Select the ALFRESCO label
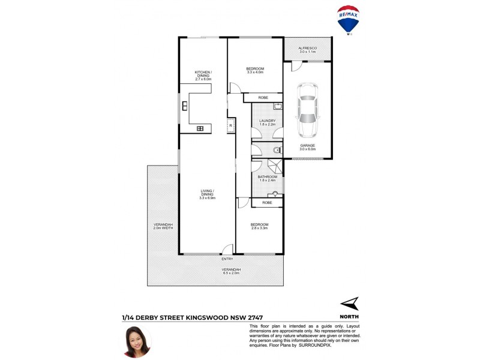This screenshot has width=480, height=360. tap(307, 49)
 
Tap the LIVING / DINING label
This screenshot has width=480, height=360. tap(207, 193)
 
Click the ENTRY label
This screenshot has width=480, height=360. tap(227, 259)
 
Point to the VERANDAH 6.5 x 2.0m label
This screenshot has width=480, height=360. tap(232, 271)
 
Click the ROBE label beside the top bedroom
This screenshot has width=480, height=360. tap(263, 98)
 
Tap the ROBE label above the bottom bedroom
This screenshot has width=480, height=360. tap(267, 203)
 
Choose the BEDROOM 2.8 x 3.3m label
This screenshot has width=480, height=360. tap(259, 226)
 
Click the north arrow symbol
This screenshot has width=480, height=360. tap(349, 303)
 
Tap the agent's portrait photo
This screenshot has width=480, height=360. tap(137, 341)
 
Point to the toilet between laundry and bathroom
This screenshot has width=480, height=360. tap(277, 150)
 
